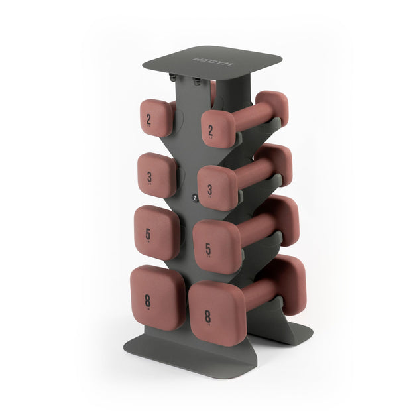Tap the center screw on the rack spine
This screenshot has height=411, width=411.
click(x=194, y=197)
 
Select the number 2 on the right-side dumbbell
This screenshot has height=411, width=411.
click(x=210, y=131)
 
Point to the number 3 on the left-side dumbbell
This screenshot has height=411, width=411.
click(x=149, y=176)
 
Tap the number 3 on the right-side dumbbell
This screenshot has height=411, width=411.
click(x=210, y=190)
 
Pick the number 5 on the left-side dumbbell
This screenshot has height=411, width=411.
click(x=148, y=234)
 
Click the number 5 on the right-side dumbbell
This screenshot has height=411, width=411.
click(x=208, y=250)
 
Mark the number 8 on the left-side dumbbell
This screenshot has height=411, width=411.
click(x=147, y=300)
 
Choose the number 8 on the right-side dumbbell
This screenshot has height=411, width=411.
click(x=207, y=314)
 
